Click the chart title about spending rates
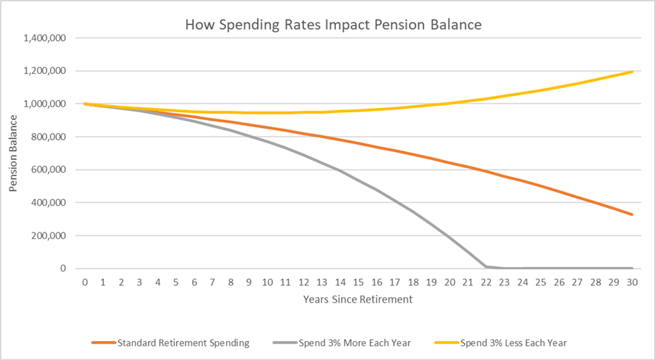[333, 26]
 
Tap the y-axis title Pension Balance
[14, 153]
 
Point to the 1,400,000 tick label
[45, 39]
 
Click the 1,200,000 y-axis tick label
[45, 71]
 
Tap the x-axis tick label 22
[486, 282]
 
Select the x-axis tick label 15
[358, 282]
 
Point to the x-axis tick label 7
[213, 282]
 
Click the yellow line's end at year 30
[632, 71]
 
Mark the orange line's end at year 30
[632, 214]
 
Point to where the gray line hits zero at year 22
[486, 266]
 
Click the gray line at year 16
[377, 190]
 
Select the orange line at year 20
[449, 162]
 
